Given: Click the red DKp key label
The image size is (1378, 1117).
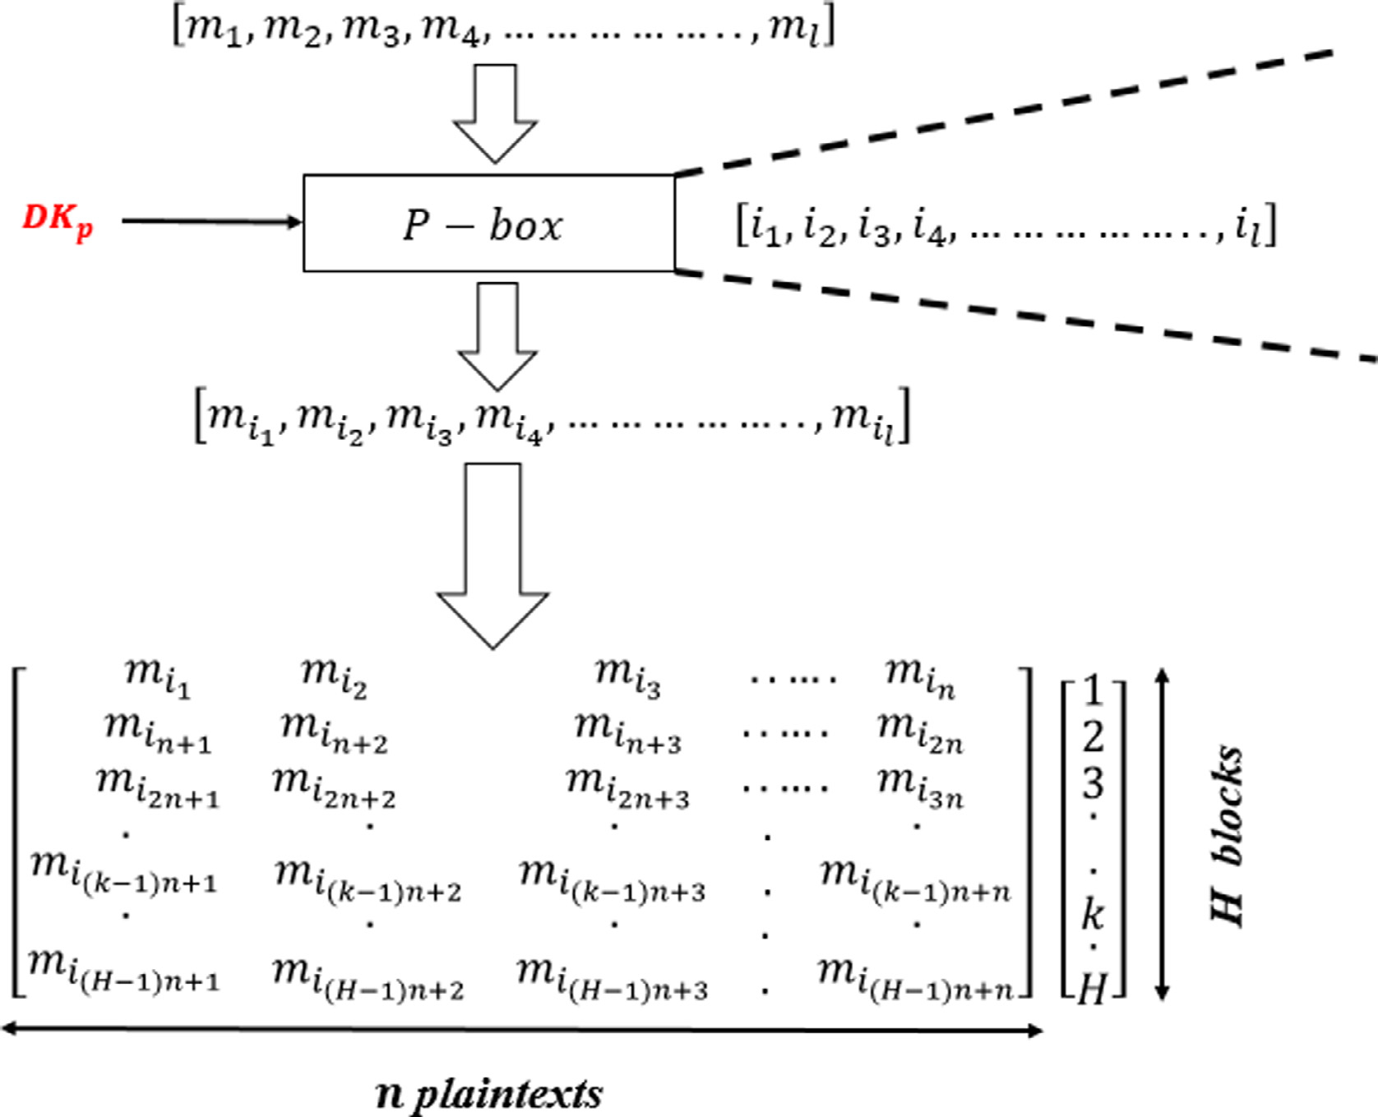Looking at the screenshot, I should pyautogui.click(x=58, y=221).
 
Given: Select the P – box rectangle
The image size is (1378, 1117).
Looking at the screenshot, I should pyautogui.click(x=488, y=223).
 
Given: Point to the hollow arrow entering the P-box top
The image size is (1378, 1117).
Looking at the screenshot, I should pyautogui.click(x=495, y=113).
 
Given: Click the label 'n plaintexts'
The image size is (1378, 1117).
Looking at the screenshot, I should pyautogui.click(x=489, y=1094).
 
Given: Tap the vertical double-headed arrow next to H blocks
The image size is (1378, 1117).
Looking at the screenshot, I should pyautogui.click(x=1161, y=834).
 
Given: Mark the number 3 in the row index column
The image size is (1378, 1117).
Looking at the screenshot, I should pyautogui.click(x=1092, y=782).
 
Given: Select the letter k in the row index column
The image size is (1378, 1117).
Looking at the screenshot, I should pyautogui.click(x=1092, y=912).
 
